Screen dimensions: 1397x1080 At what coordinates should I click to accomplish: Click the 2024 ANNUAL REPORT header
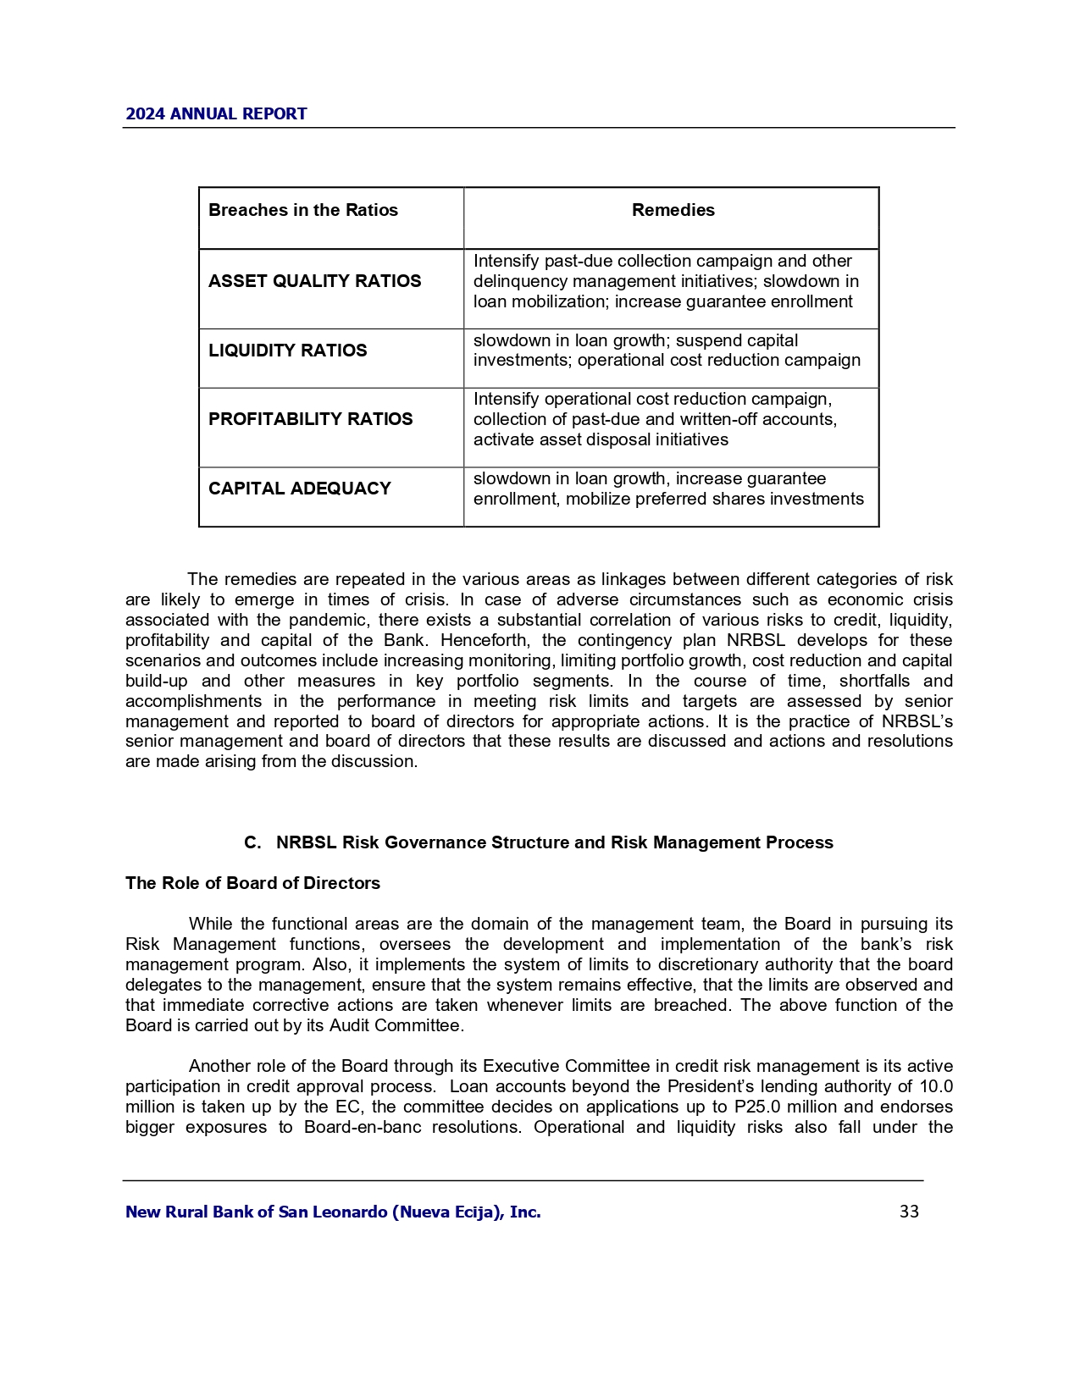(216, 114)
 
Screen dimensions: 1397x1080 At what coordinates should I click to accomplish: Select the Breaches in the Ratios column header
(302, 210)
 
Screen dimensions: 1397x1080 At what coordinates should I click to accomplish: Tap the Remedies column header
(673, 210)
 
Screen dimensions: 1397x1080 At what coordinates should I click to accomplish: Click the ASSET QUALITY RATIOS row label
(314, 281)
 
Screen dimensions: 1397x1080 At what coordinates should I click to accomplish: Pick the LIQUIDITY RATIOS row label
(287, 351)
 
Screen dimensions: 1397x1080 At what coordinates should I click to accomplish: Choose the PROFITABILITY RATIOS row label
(310, 419)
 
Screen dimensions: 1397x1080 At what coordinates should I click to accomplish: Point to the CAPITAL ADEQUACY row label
(299, 489)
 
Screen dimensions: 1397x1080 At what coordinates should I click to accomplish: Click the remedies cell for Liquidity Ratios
(667, 351)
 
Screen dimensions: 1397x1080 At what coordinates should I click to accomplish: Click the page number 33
(909, 1212)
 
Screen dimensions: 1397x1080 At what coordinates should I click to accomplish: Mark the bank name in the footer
(333, 1212)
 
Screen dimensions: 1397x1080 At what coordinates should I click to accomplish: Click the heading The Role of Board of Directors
(252, 883)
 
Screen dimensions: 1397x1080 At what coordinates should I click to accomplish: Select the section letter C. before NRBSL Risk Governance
(252, 842)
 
